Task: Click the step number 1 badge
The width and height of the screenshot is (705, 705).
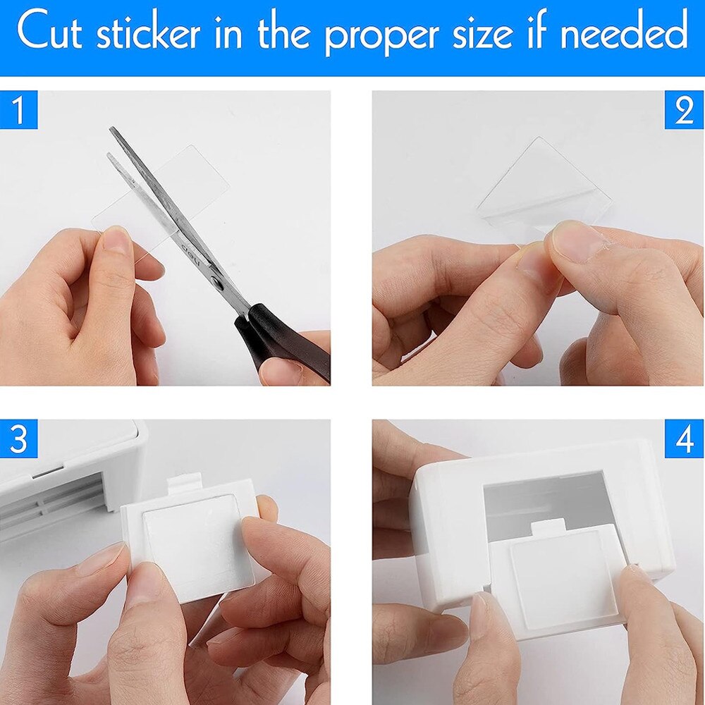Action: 18,110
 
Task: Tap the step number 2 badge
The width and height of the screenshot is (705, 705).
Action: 685,110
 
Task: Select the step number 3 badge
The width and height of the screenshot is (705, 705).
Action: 18,439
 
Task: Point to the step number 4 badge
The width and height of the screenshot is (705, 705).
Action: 685,439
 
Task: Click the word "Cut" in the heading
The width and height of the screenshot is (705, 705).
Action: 49,32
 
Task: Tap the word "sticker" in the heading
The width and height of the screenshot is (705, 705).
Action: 148,31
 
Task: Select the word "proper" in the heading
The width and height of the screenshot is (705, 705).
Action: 381,36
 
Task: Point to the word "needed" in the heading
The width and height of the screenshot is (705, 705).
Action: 625,31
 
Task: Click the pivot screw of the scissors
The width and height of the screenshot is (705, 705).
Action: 216,282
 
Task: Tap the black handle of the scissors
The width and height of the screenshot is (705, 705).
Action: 281,341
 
